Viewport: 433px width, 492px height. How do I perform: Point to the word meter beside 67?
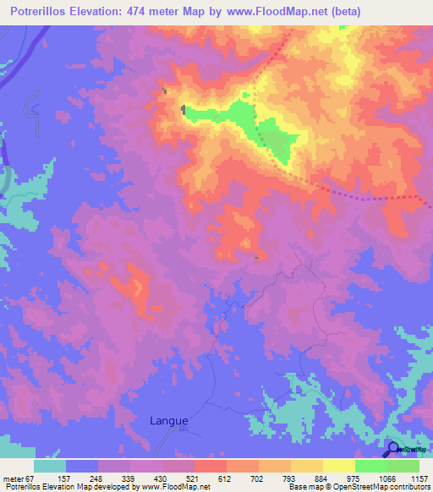coord(14,478)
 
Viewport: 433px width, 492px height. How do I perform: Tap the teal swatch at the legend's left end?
coord(49,466)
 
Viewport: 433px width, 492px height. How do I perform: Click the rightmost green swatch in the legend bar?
coord(403,466)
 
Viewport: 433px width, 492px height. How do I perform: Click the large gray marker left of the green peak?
coord(184,109)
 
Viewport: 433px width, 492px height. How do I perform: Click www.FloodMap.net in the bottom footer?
coord(176,488)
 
